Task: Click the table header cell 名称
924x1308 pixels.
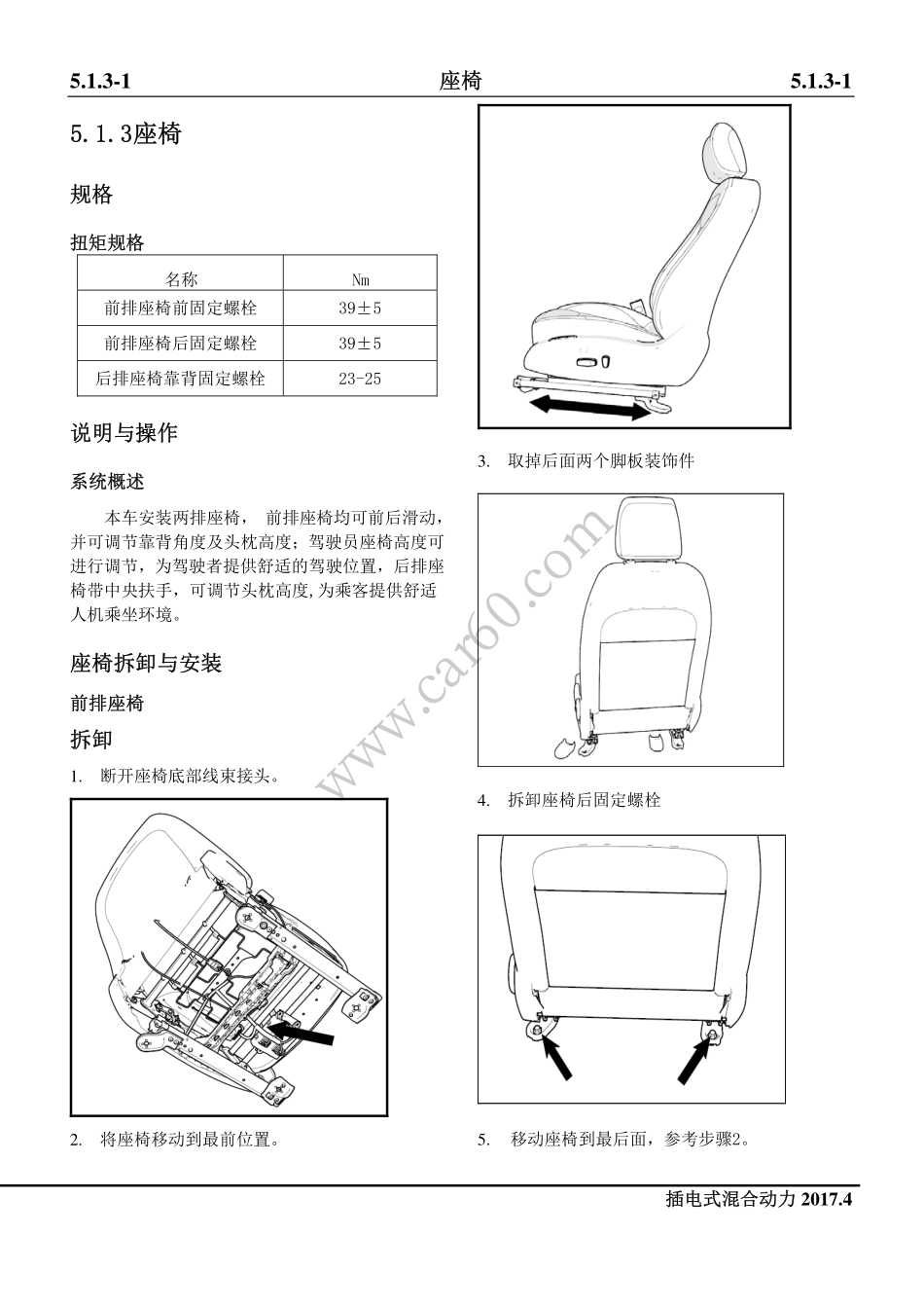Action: click(180, 280)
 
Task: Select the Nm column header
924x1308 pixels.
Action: click(360, 280)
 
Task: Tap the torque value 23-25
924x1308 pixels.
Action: click(360, 379)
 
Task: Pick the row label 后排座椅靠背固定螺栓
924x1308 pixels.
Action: click(180, 379)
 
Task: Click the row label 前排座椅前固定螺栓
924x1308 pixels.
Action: click(180, 309)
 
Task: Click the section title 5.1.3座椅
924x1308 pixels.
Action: click(125, 133)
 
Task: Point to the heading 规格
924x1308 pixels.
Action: click(91, 195)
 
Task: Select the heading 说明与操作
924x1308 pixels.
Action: click(124, 433)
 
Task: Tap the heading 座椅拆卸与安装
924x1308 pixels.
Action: click(146, 664)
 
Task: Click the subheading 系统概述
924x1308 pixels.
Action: click(107, 482)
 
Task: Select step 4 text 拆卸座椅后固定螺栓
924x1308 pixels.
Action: click(584, 800)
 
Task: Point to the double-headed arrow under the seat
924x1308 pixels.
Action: click(587, 407)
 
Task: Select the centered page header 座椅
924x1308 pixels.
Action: click(460, 81)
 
